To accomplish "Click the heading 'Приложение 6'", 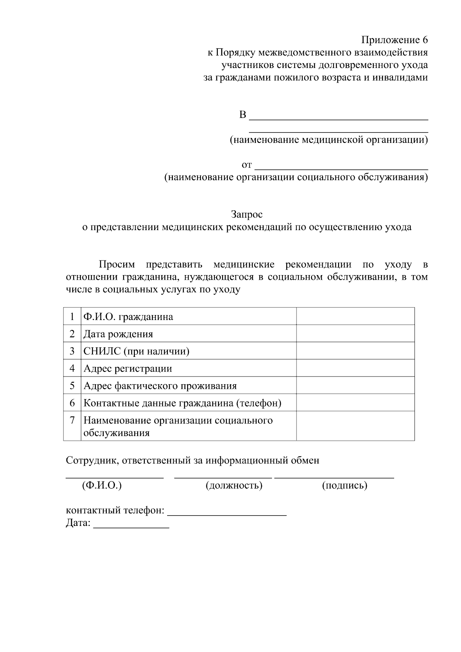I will (x=394, y=40).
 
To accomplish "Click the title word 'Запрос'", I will (x=247, y=214).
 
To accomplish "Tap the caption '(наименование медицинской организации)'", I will (x=328, y=139).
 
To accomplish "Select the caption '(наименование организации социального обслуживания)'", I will (x=296, y=177).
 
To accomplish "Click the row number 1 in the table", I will (x=72, y=317).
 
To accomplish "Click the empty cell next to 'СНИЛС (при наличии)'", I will (x=355, y=351).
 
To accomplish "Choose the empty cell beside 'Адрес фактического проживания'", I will (x=355, y=385).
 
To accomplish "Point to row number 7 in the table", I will (x=72, y=420).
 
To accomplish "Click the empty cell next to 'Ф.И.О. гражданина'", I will (x=355, y=316).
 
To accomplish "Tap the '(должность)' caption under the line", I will (x=234, y=485).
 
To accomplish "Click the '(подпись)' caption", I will (x=345, y=485).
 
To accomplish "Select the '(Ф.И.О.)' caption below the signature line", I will (x=102, y=485).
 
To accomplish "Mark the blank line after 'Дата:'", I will (x=131, y=526).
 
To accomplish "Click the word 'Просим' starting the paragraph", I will (x=117, y=264).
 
